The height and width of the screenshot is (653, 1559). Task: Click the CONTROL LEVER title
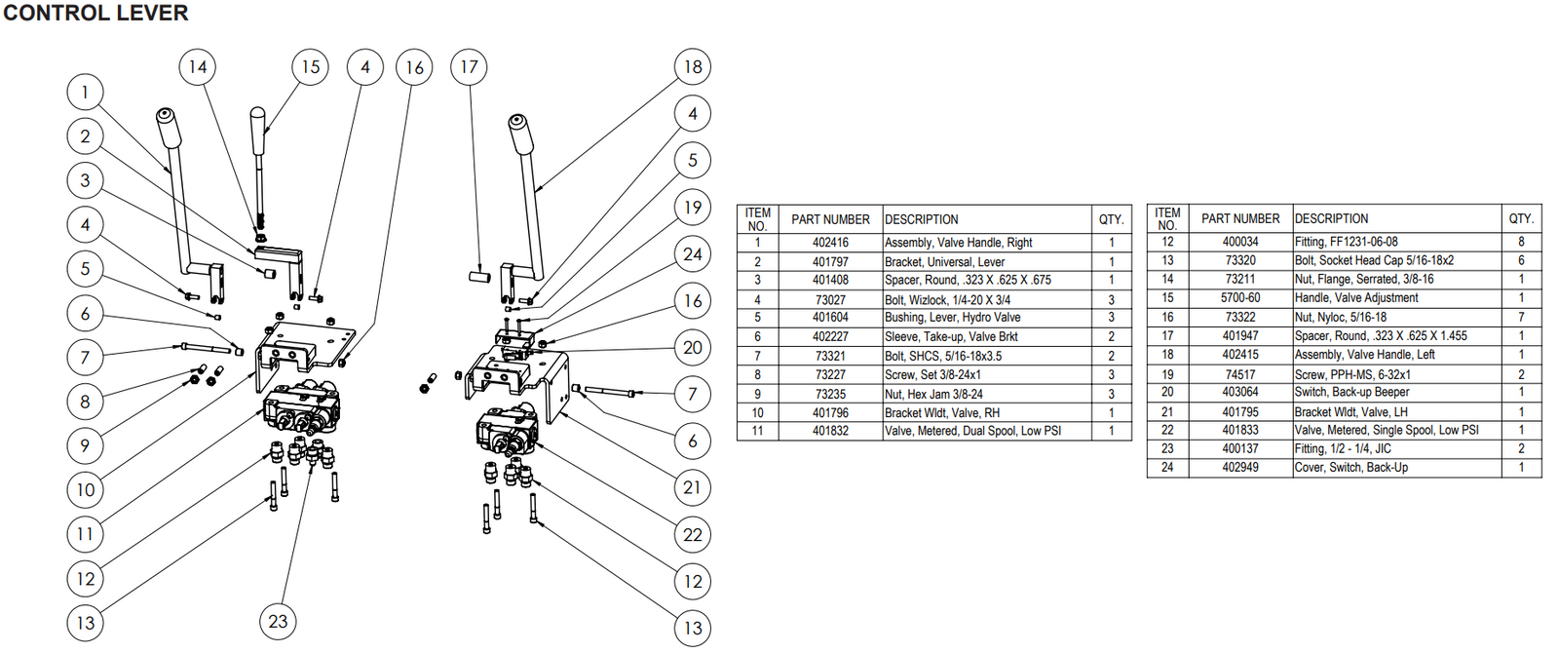tap(95, 14)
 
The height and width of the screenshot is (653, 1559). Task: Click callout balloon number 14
tap(198, 67)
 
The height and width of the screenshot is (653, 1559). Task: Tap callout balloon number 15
tap(311, 67)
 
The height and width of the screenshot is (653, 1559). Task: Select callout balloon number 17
tap(469, 67)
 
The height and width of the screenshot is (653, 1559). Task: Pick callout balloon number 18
tap(693, 67)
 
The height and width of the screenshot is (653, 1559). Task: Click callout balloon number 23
tap(279, 621)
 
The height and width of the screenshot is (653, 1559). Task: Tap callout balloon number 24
tap(693, 254)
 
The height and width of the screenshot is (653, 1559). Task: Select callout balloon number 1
tap(85, 93)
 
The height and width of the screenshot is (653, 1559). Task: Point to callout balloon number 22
tap(693, 534)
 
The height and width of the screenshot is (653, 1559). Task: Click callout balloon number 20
tap(693, 348)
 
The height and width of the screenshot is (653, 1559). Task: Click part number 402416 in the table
tap(830, 243)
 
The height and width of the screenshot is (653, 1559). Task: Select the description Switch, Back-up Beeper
tap(1351, 393)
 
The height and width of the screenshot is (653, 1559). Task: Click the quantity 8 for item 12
tap(1521, 242)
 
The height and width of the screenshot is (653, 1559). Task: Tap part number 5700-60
tap(1240, 298)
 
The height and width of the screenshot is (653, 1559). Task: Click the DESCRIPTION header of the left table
tap(921, 220)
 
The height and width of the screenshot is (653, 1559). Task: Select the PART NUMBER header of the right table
tap(1239, 219)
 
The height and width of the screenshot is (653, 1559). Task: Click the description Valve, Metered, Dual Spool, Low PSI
tap(972, 431)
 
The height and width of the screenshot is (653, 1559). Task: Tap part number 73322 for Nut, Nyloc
tap(1240, 318)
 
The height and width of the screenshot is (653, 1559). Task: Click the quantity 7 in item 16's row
tap(1521, 318)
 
